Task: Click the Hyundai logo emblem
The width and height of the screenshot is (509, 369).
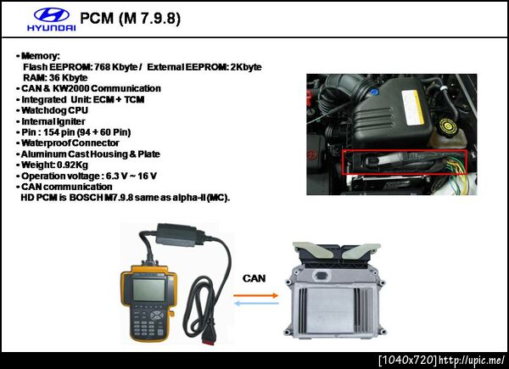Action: [x=52, y=15]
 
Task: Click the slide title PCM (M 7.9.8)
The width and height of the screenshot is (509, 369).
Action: [x=130, y=18]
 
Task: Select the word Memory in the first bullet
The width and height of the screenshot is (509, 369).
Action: [x=39, y=56]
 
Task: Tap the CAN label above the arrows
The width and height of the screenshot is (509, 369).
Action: [x=254, y=278]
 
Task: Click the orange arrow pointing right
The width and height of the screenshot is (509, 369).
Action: [x=256, y=295]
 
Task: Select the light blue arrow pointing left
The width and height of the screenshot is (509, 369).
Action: [x=256, y=304]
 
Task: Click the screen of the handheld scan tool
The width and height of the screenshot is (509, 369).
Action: [x=148, y=290]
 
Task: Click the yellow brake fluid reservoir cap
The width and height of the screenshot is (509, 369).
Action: [x=448, y=126]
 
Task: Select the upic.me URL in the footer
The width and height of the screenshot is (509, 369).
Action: [x=472, y=361]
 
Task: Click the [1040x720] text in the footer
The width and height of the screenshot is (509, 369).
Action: [x=407, y=361]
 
